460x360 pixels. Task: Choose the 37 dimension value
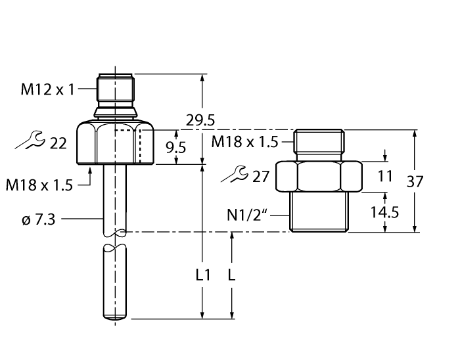(415, 182)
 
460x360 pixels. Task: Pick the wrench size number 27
(261, 176)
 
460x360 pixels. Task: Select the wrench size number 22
(58, 143)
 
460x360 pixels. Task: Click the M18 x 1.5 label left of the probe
(39, 186)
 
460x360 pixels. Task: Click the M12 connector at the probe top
(115, 92)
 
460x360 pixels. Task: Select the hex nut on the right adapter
(319, 176)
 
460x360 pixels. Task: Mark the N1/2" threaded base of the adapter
(319, 212)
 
